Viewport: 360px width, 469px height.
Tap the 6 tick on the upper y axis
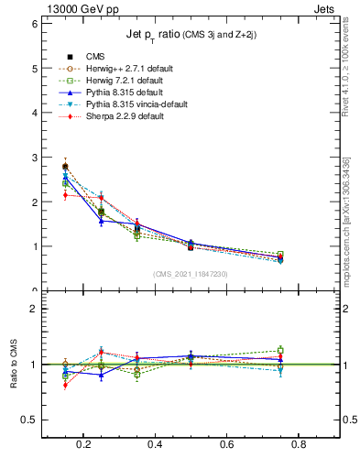tap(34, 24)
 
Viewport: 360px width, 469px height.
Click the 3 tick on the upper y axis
tap(34, 158)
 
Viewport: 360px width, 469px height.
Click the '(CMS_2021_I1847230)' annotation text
tap(191, 273)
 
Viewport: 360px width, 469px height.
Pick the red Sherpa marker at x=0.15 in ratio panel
tap(65, 385)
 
